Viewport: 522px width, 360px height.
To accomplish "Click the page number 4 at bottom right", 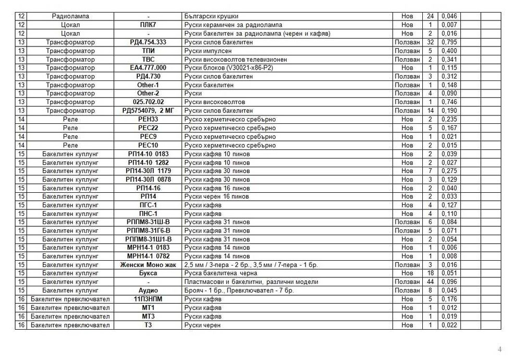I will tap(500, 349).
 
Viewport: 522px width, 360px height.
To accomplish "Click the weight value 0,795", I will tap(448, 42).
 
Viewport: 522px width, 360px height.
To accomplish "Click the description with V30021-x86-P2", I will tap(229, 68).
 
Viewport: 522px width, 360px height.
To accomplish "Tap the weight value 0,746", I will tap(448, 102).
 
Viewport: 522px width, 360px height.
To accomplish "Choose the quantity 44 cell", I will tap(431, 282).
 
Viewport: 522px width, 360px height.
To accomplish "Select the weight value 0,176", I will tap(448, 299).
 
